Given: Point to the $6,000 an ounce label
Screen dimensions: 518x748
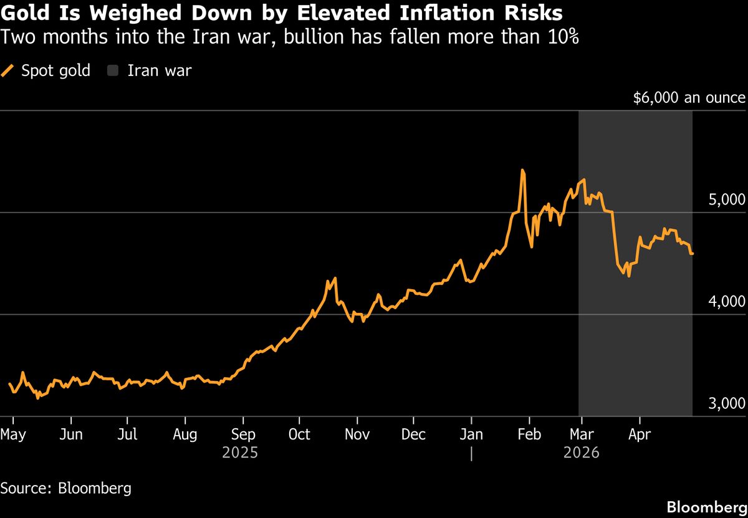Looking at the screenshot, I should (689, 98).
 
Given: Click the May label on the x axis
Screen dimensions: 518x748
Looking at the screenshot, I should (13, 434).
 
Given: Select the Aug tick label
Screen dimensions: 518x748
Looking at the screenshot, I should (185, 434).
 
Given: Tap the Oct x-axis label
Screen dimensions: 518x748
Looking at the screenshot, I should (300, 434).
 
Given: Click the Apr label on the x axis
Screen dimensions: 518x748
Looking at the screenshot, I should (640, 434).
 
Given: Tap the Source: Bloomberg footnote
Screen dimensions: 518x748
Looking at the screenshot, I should (66, 487).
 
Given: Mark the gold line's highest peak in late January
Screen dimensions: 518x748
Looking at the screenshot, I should (522, 170).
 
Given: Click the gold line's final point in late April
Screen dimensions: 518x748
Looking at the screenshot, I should (693, 254).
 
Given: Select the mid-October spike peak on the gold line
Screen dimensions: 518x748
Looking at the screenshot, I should (335, 278).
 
